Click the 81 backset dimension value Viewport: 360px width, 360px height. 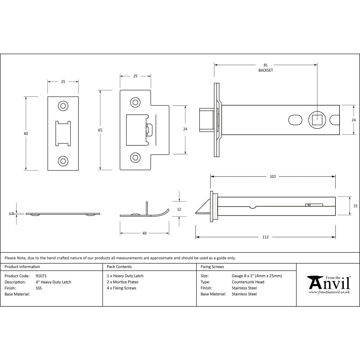(266, 65)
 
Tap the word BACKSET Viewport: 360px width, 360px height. (266, 71)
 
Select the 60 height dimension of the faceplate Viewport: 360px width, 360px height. (26, 134)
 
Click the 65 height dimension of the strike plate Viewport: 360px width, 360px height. (100, 130)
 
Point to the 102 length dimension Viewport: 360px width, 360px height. (273, 176)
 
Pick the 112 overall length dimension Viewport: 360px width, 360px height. (265, 237)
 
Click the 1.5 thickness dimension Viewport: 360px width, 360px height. (12, 213)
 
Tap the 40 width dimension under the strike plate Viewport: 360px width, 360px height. (144, 233)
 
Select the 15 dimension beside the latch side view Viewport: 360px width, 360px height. (355, 206)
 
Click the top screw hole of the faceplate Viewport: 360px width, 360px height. (63, 105)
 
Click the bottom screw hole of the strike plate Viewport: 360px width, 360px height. (135, 157)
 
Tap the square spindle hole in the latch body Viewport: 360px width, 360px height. (317, 119)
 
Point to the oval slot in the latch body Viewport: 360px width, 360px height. (295, 119)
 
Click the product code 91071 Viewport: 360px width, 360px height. (41, 276)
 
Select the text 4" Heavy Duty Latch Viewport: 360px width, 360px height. (53, 282)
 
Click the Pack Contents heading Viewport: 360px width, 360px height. (119, 267)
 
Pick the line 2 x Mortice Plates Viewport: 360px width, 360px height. (122, 282)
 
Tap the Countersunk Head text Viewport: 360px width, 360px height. (248, 282)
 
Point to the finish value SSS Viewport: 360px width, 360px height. (38, 288)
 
